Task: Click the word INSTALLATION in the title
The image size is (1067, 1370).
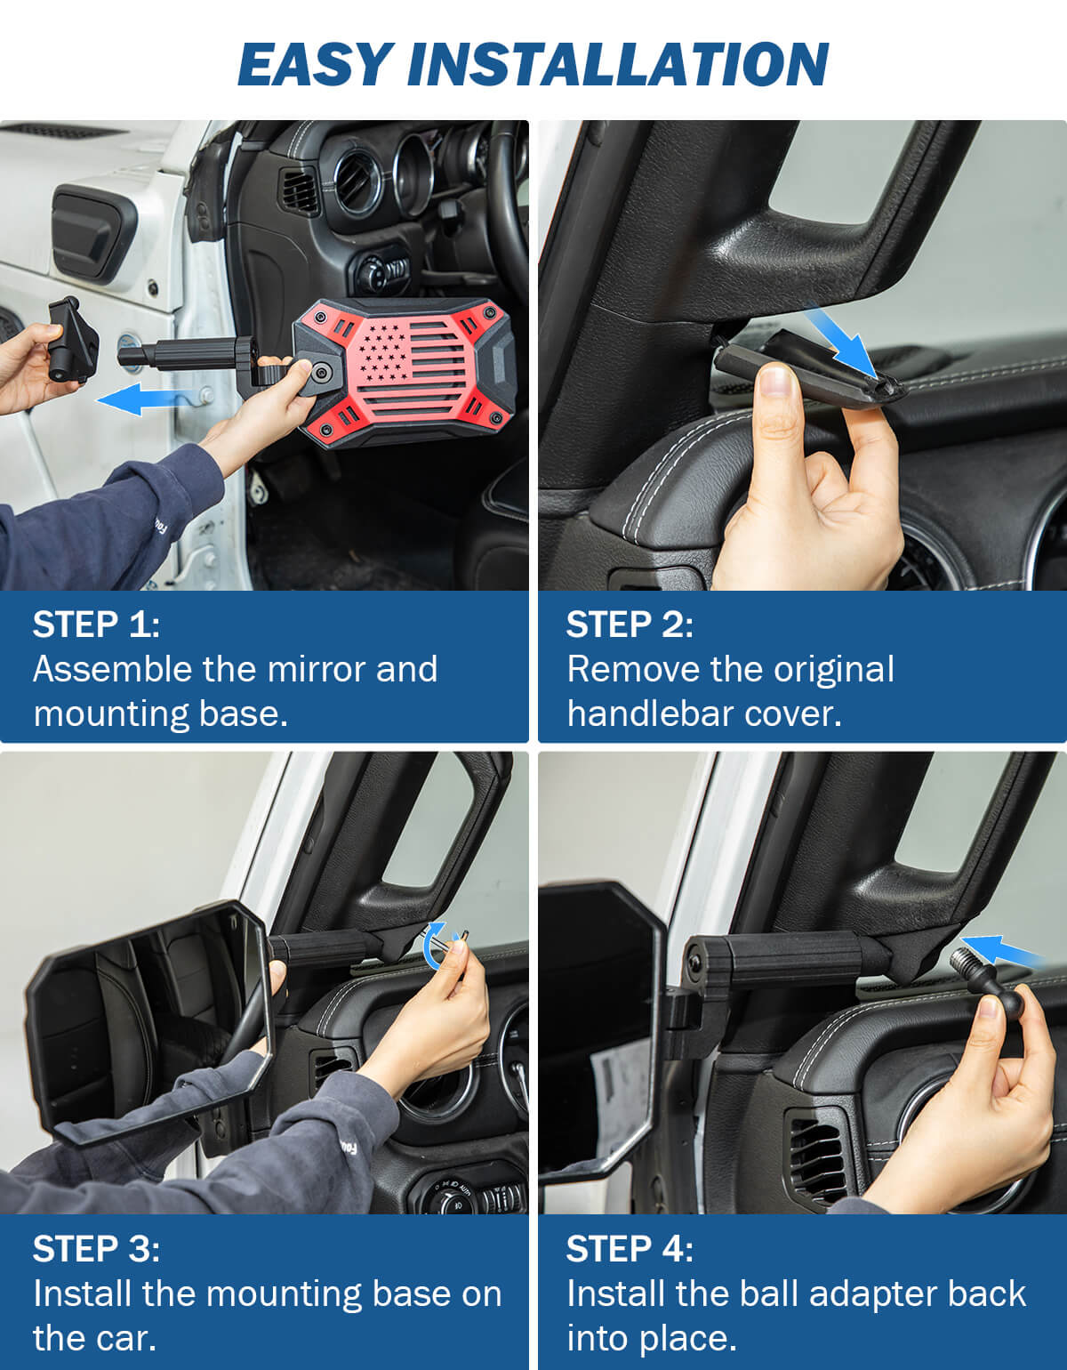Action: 617,64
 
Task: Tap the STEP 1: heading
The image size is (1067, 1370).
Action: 96,625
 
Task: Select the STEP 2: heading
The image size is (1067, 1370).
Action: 630,625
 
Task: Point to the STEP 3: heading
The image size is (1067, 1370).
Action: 96,1249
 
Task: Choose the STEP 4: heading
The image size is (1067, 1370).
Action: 630,1249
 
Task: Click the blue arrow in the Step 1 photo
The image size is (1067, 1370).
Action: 142,399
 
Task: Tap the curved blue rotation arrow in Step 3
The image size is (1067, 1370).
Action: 435,946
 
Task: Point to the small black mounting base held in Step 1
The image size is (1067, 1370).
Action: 71,338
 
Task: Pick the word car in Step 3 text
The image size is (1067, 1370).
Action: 124,1338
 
